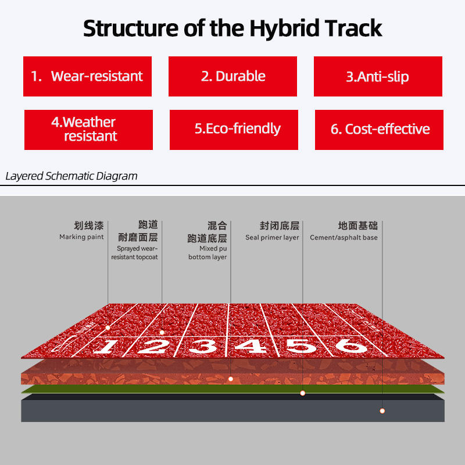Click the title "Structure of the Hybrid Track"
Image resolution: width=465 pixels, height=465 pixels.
(x=233, y=28)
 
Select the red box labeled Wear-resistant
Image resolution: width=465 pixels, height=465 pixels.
(x=88, y=76)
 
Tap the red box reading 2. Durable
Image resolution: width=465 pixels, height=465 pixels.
(x=233, y=76)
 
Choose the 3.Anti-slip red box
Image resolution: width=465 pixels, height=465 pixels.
(x=378, y=76)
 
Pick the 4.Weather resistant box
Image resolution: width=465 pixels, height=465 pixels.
(x=89, y=130)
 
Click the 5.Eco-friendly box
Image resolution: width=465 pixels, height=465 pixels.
(x=234, y=130)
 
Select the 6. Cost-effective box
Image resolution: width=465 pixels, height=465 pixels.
(x=380, y=130)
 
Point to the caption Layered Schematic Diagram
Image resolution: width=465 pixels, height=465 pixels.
(x=71, y=176)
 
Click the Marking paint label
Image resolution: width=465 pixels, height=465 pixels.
(x=81, y=237)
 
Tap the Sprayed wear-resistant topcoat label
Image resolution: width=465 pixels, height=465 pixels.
(x=135, y=253)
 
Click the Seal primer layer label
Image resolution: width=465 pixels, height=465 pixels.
(x=272, y=238)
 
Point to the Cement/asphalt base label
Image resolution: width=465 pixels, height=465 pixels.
(x=344, y=238)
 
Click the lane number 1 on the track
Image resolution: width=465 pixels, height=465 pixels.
(x=105, y=346)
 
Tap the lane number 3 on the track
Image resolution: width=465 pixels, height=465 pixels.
(x=204, y=346)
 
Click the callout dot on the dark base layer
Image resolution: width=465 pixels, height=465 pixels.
(x=382, y=411)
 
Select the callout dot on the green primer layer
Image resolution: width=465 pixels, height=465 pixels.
(x=302, y=393)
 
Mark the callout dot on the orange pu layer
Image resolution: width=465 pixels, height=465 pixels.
(x=231, y=379)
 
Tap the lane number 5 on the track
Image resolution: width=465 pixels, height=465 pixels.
(x=301, y=346)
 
